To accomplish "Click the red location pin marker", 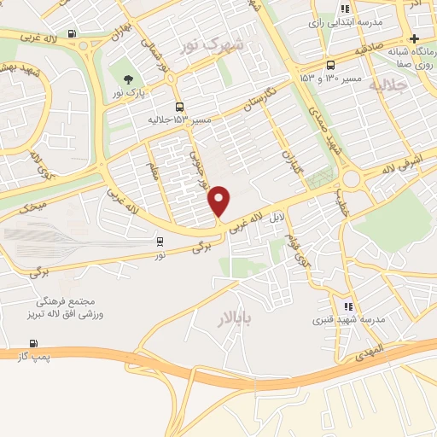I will tap(220, 200).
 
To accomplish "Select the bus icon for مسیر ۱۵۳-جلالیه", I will tap(179, 107).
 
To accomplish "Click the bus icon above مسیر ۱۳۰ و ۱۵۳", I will tap(330, 66).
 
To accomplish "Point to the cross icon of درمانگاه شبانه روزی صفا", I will tap(414, 38).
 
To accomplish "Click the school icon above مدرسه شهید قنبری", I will tap(347, 306).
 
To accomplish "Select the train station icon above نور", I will tap(159, 241).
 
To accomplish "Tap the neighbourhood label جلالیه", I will tap(389, 86).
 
